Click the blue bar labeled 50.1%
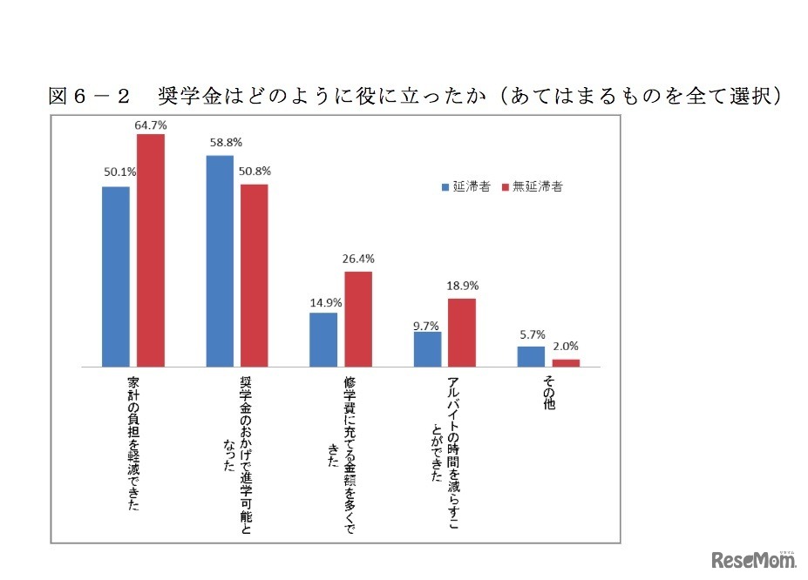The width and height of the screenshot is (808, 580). click(x=116, y=276)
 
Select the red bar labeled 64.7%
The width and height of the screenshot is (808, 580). click(x=150, y=250)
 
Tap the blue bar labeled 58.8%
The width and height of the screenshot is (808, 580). click(x=220, y=260)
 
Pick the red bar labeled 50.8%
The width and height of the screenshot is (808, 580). click(x=254, y=275)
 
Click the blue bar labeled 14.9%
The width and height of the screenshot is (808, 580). click(x=323, y=339)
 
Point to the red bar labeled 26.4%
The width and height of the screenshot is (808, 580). click(x=357, y=319)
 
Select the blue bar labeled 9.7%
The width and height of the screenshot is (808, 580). click(x=427, y=348)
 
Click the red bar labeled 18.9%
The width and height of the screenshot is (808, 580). click(x=461, y=332)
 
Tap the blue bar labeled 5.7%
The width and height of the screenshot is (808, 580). click(x=531, y=355)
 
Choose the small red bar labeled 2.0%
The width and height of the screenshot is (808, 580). click(x=566, y=362)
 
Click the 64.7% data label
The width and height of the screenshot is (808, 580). click(x=150, y=125)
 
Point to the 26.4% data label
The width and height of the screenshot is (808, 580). click(x=358, y=259)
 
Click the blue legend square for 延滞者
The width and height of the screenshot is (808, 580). click(x=446, y=186)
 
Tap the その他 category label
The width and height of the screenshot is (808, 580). click(x=549, y=395)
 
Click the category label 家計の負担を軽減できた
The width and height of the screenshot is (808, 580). click(x=132, y=444)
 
